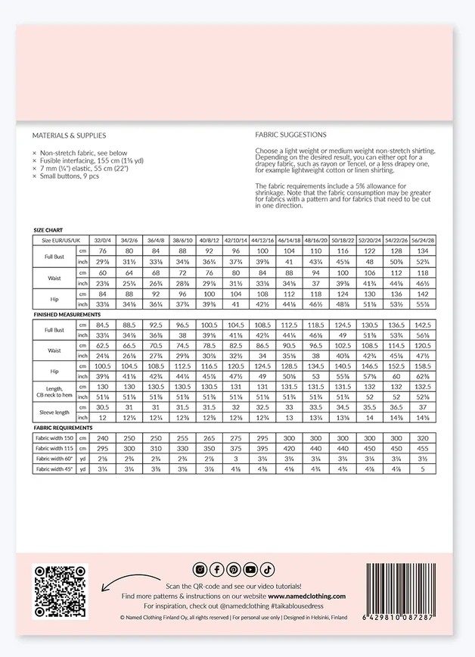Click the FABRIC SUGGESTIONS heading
tap(291, 135)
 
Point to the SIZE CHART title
tap(48, 229)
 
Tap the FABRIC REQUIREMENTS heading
tap(62, 428)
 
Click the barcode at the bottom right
tap(407, 591)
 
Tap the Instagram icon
tap(200, 569)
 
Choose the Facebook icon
tap(216, 569)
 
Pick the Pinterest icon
tap(234, 569)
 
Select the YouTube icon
tap(251, 569)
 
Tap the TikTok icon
tap(268, 569)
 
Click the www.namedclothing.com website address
tap(306, 596)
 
